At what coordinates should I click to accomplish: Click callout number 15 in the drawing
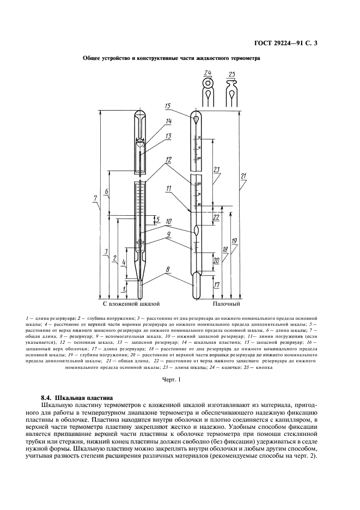pos(168,106)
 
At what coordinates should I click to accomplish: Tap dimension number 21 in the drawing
pos(244,176)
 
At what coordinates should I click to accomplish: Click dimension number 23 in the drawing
pos(217,169)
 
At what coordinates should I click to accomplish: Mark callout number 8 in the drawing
pos(168,269)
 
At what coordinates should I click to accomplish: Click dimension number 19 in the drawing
pos(234,240)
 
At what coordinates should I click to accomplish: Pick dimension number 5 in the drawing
pos(157,219)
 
